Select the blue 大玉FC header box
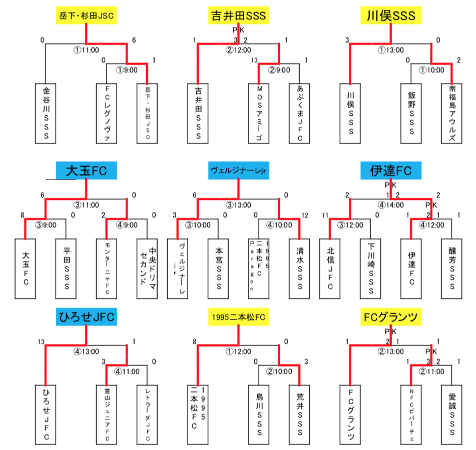[x=87, y=171]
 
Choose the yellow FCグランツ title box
[x=391, y=316]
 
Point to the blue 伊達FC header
[x=391, y=171]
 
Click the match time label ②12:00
[x=237, y=50]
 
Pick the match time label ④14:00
[x=391, y=204]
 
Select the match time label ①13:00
[x=391, y=50]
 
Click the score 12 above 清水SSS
[x=305, y=215]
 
